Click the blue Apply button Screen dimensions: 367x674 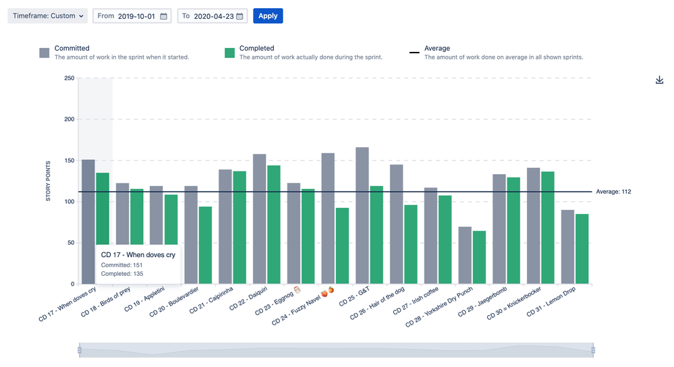tap(268, 16)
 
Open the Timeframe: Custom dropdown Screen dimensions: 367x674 tap(48, 16)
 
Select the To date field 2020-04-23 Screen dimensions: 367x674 tap(213, 16)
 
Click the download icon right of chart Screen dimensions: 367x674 tap(660, 80)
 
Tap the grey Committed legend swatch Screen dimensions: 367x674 tap(45, 53)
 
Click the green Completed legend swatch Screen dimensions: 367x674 tap(229, 53)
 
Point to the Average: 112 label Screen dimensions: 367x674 tap(613, 192)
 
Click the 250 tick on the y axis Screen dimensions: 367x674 tap(69, 78)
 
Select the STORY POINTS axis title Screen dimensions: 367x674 tap(48, 181)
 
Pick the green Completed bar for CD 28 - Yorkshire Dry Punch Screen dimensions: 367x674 tap(479, 257)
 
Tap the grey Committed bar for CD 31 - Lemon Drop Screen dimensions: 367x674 tap(567, 247)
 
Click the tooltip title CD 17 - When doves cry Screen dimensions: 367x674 tap(138, 254)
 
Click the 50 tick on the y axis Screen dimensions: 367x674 tap(70, 243)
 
